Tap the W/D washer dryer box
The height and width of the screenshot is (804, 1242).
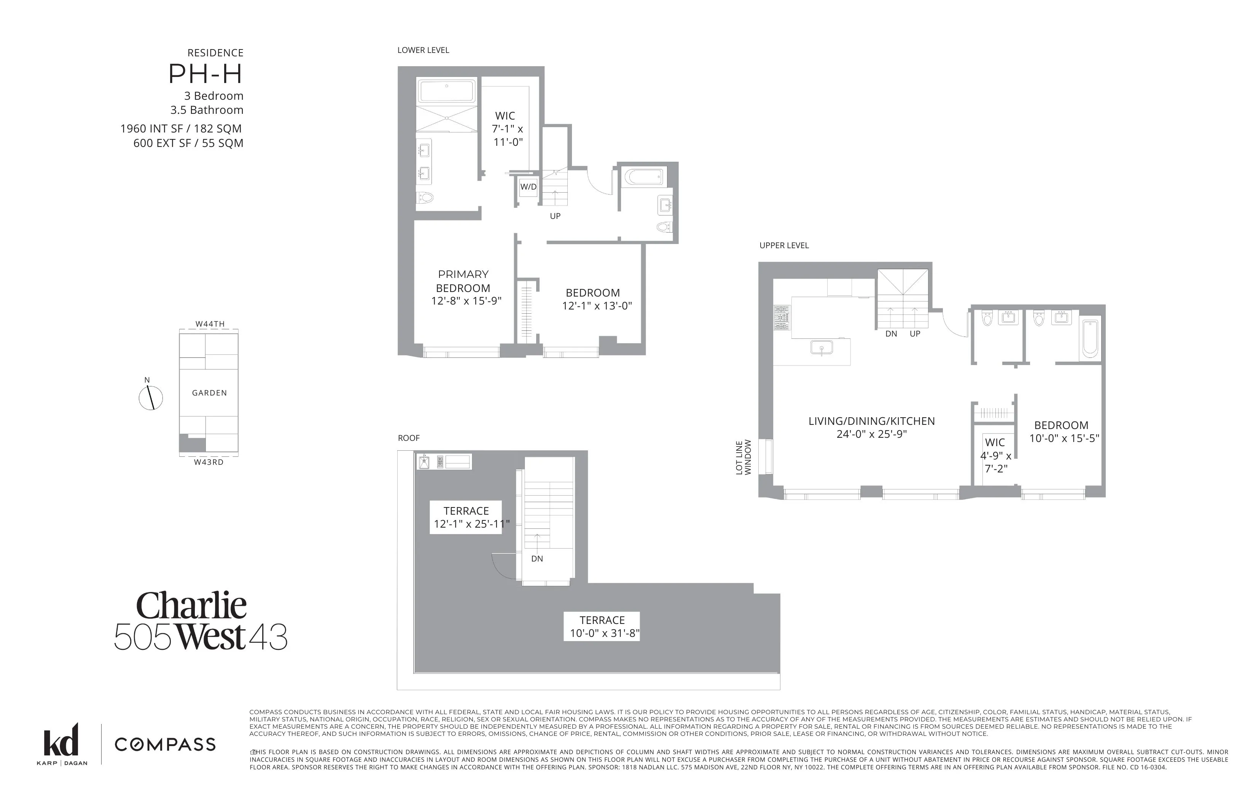528,187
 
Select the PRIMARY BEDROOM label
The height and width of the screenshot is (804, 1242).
463,281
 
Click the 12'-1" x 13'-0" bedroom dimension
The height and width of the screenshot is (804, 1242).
597,306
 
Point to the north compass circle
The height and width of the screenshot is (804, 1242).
151,398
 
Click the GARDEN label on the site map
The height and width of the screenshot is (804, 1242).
209,392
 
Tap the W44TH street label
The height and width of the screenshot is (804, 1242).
210,324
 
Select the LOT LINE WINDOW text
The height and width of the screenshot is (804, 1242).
743,457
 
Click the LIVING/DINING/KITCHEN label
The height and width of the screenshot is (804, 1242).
871,421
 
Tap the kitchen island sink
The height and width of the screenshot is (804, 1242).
822,347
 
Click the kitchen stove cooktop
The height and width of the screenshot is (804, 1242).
781,318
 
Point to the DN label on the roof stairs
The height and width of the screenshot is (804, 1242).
537,558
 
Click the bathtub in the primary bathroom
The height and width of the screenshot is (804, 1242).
447,91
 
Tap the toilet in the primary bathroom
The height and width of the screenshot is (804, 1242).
425,198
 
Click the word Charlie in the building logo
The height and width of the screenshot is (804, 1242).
191,606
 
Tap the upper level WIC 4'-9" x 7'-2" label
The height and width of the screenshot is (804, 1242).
995,455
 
